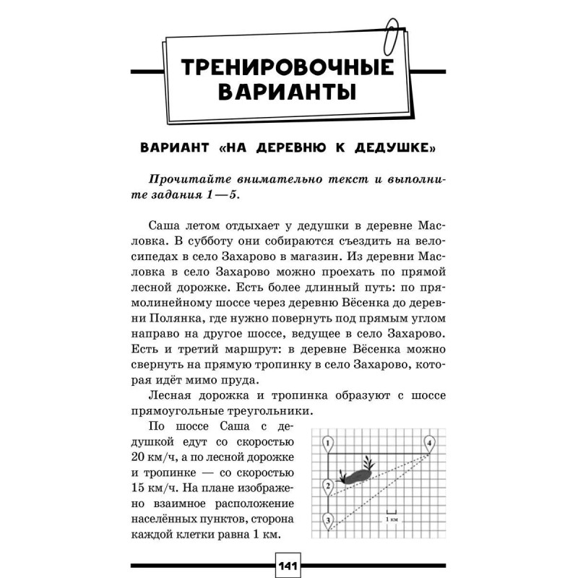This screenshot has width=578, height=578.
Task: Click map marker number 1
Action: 327,442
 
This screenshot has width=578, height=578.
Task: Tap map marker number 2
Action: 327,485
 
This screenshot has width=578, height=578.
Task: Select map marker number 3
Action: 327,519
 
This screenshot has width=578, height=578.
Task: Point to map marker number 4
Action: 430,442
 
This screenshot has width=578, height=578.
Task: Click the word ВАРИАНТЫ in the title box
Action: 288,95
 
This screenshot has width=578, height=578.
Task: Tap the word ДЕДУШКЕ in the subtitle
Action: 392,150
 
